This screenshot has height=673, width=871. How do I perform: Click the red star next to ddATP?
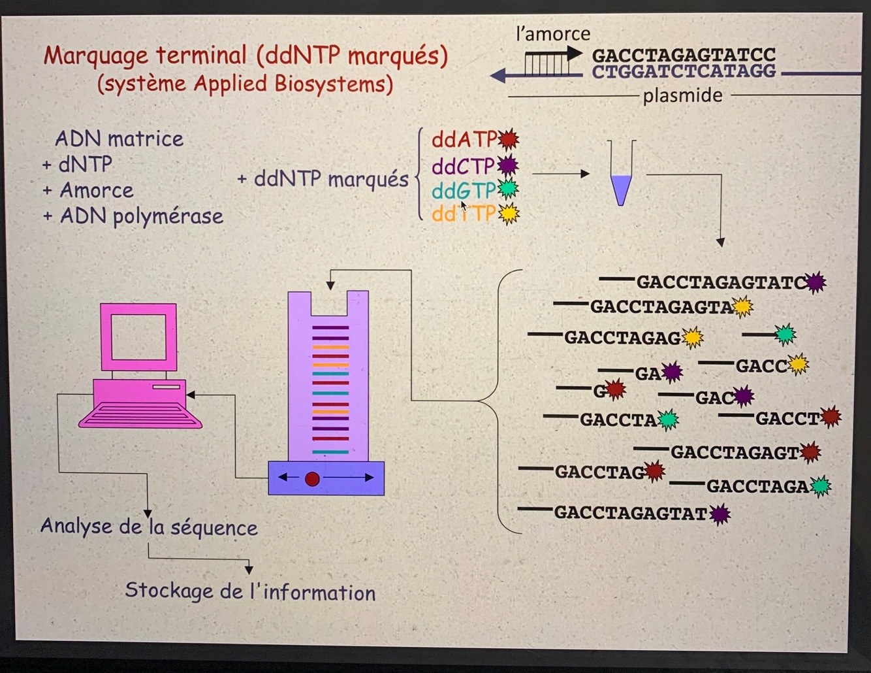(x=508, y=139)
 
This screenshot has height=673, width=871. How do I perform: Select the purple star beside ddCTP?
(x=507, y=165)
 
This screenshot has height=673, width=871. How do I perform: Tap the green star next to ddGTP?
(x=507, y=189)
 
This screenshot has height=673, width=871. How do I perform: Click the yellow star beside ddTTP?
(x=508, y=214)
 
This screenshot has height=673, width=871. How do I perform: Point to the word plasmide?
(x=682, y=96)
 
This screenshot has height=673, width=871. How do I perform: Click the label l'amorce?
(x=552, y=34)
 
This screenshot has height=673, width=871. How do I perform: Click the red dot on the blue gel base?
(x=312, y=479)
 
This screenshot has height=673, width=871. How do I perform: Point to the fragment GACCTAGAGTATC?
(x=721, y=282)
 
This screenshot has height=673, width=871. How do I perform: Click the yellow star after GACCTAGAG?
(x=693, y=338)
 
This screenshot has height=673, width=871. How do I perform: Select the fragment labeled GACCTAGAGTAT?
(x=630, y=513)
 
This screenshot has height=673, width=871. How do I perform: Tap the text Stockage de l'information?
(x=250, y=591)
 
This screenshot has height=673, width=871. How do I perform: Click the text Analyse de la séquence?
(x=149, y=527)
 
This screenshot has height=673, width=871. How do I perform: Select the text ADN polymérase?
(x=141, y=216)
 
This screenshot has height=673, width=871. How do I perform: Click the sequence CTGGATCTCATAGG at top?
(x=684, y=71)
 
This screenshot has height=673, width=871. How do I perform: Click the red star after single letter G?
(x=614, y=390)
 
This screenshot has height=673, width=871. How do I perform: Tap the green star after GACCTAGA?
(x=820, y=486)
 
